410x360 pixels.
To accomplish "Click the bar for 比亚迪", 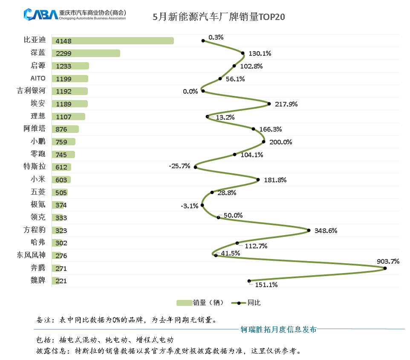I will [x=113, y=41].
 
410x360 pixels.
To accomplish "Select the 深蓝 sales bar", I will [x=86, y=54].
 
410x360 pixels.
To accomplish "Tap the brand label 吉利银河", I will [x=31, y=91].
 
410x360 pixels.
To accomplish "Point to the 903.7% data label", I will [x=388, y=262].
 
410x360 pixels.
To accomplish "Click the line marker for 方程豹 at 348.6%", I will [x=309, y=230].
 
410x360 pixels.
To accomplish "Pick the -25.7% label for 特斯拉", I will [x=179, y=166].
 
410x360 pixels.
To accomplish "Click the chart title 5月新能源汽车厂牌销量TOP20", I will [x=219, y=17].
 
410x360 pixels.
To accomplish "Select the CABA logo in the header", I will [x=40, y=14].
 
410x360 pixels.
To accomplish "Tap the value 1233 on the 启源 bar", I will [x=63, y=66].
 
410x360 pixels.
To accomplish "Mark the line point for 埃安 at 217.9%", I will [x=269, y=104].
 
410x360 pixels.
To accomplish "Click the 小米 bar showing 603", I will [x=61, y=180].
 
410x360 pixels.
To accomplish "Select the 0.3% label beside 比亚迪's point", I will [x=216, y=37].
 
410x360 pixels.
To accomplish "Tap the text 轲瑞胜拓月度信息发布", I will [x=278, y=329].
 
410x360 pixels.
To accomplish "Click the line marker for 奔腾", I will [x=385, y=268].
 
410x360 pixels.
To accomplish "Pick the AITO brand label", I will [x=38, y=78].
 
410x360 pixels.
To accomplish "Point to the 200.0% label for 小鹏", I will [x=280, y=142].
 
